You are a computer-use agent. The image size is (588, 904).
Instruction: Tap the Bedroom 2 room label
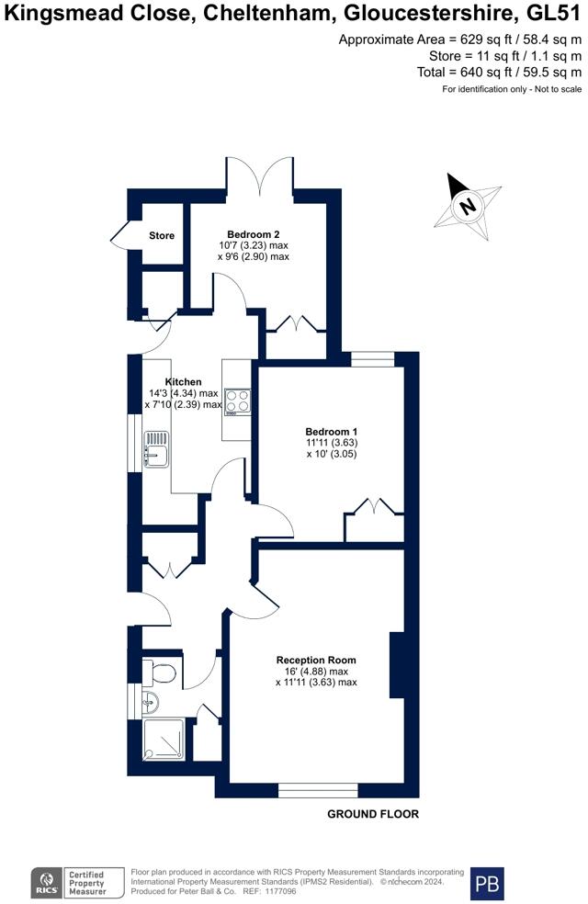click(253, 234)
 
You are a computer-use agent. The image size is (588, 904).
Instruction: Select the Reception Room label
click(316, 660)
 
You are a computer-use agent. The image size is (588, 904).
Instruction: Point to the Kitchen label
click(184, 381)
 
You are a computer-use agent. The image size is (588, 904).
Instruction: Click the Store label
click(162, 235)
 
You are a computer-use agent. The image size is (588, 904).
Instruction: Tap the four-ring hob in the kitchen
click(238, 401)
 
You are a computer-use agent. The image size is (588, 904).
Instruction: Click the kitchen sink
click(156, 448)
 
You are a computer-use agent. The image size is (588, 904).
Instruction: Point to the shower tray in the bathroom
click(164, 739)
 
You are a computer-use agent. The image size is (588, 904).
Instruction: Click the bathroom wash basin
click(151, 701)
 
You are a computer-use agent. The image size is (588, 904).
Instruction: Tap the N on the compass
click(468, 206)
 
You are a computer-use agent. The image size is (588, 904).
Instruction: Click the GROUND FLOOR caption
click(373, 814)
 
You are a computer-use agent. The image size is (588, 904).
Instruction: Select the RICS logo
click(47, 883)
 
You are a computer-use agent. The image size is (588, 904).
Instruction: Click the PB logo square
click(487, 884)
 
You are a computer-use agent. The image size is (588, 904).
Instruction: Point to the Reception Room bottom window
click(318, 790)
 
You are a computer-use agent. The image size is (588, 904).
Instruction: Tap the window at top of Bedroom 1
click(373, 360)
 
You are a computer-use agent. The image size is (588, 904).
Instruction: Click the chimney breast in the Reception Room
click(397, 665)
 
